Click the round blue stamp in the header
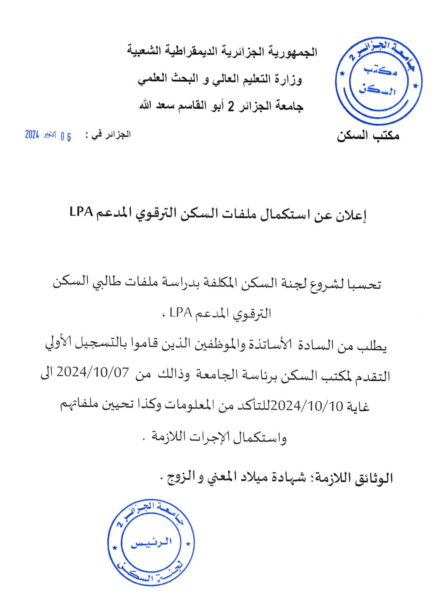379,81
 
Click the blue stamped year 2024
32,135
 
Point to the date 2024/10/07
93,373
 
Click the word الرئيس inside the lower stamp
151,543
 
